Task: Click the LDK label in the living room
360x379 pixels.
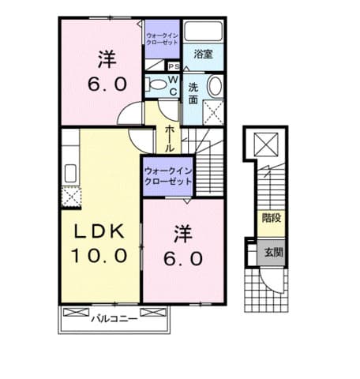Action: click(99, 231)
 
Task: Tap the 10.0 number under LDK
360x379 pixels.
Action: click(99, 255)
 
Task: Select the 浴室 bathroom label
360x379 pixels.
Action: click(203, 54)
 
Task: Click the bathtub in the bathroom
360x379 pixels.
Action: click(203, 31)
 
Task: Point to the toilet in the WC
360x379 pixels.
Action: click(156, 84)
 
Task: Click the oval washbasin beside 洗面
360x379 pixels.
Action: click(215, 85)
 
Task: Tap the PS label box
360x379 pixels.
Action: click(174, 66)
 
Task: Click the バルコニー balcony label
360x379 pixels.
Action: click(114, 319)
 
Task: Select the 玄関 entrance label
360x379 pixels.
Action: click(273, 253)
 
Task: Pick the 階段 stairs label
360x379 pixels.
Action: click(272, 218)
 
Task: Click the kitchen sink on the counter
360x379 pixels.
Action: click(70, 173)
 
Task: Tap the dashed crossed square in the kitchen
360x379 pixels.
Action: click(71, 197)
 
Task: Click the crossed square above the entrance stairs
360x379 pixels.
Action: click(266, 144)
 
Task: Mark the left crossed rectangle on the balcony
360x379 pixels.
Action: click(77, 313)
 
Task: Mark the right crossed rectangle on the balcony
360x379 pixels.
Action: click(153, 313)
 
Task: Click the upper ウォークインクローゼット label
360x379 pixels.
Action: click(162, 39)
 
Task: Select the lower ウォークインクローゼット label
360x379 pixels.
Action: click(168, 176)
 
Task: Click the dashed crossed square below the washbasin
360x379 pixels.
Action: click(214, 112)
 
